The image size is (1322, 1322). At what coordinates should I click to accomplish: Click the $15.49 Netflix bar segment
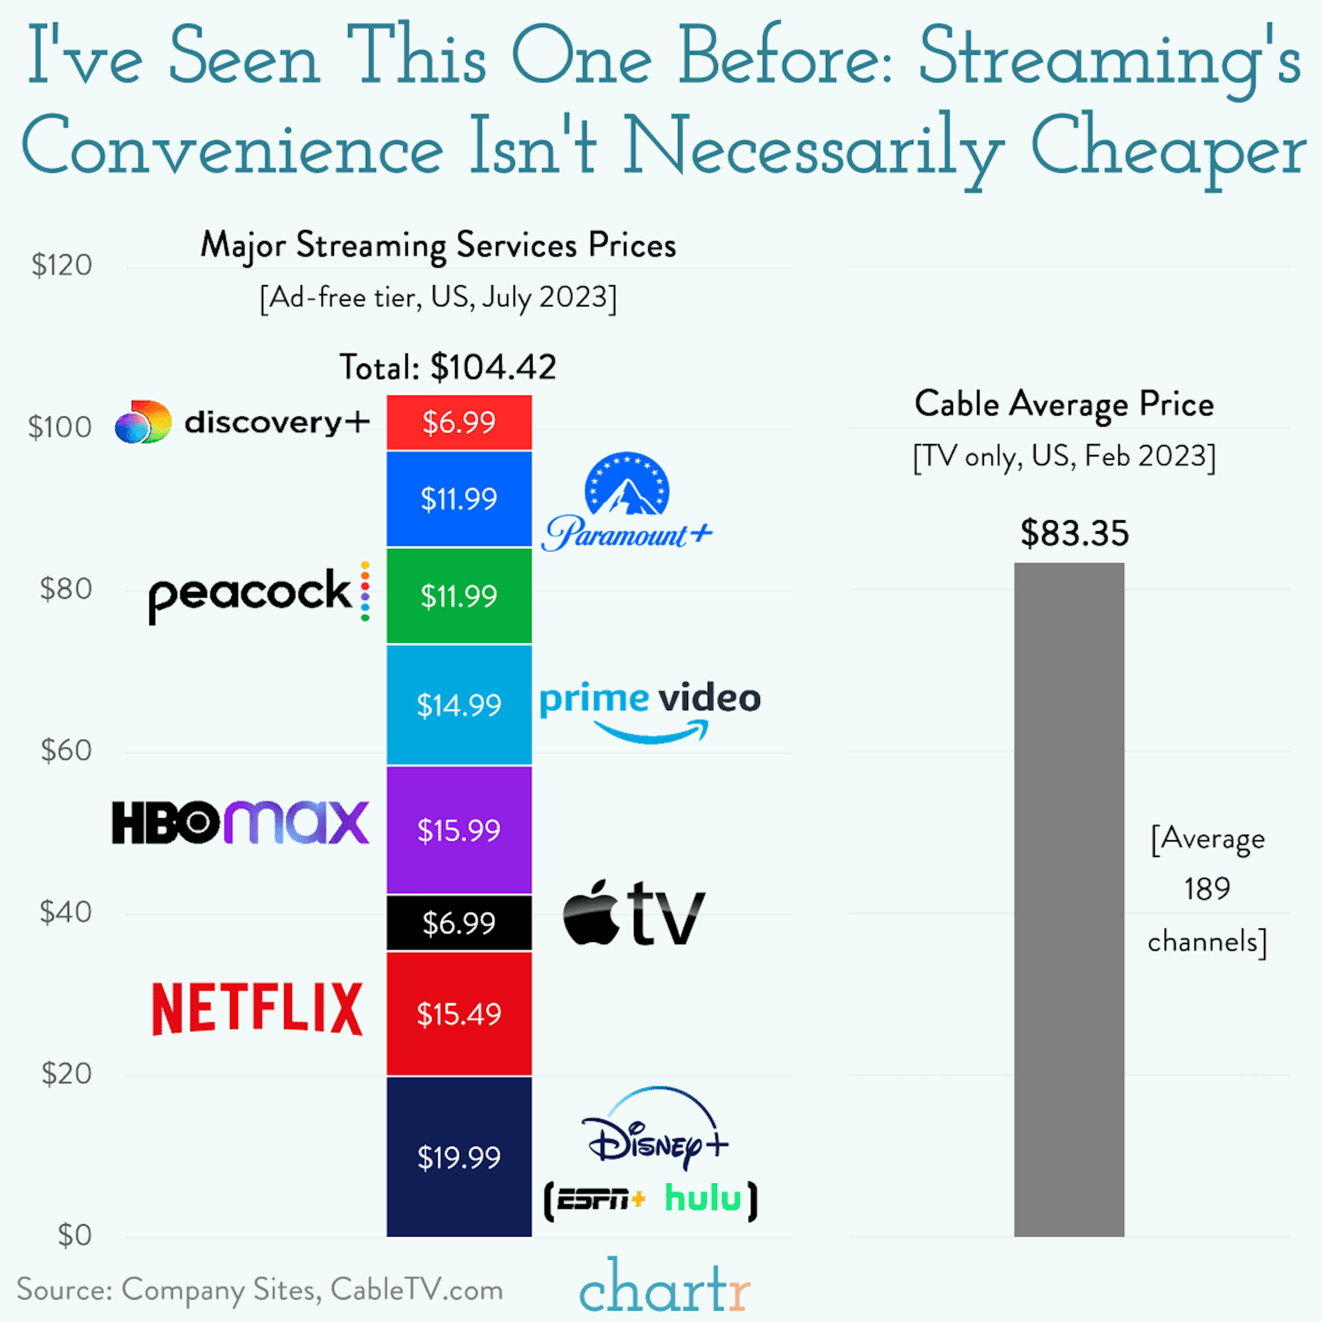point(459,1014)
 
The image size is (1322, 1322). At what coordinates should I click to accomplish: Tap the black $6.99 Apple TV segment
point(459,922)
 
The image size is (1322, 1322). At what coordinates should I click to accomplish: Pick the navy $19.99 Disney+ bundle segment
point(459,1156)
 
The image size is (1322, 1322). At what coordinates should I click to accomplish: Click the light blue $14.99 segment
point(459,705)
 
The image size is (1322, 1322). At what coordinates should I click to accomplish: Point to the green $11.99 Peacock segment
point(459,595)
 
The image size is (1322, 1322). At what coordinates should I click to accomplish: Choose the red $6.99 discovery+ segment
point(459,422)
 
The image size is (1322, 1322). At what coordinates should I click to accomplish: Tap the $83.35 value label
point(1074,533)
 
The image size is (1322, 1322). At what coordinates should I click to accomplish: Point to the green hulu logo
point(703,1199)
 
